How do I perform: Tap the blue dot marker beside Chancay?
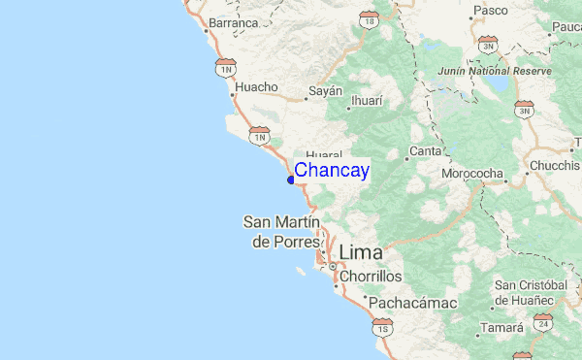point(291,179)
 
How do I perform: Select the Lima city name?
point(360,252)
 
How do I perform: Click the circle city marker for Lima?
point(333,266)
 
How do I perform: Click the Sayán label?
point(326,90)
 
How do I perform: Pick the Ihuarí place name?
point(367,100)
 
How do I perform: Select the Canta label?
point(425,151)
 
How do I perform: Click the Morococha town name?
point(473,175)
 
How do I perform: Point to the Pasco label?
point(489,12)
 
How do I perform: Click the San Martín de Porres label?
point(280,232)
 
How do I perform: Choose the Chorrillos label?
point(370,277)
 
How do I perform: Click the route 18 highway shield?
point(368,18)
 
